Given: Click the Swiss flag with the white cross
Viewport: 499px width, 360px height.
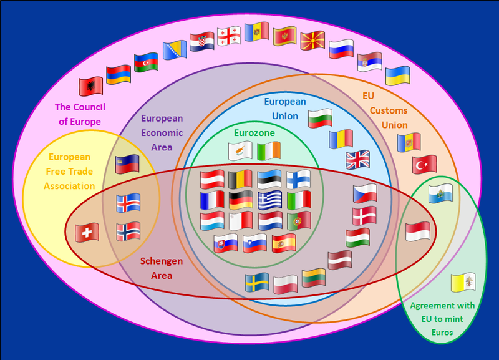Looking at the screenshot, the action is [87, 232].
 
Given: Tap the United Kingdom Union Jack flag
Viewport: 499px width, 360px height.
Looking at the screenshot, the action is [357, 160].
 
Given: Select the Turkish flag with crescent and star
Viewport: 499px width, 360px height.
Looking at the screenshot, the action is [425, 165].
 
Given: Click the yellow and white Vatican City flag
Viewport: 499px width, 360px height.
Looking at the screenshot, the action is [463, 283].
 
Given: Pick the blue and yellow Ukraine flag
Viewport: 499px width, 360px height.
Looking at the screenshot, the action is [398, 75].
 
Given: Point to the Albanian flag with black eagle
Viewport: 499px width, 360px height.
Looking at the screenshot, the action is [90, 86].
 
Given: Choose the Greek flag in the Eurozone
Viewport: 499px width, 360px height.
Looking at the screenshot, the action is [270, 200].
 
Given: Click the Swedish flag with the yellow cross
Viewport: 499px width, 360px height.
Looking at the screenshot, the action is [257, 283].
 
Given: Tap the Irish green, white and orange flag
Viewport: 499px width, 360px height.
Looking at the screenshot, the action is [269, 151].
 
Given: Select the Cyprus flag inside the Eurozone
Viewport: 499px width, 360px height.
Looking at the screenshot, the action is [240, 151].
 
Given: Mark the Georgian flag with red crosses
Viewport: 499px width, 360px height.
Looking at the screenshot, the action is [229, 36].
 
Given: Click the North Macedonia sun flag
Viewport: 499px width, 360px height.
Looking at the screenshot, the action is [312, 41].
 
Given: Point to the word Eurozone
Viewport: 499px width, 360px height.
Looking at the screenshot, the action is [254, 133].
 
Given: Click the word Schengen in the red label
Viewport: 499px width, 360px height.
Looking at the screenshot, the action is [162, 261].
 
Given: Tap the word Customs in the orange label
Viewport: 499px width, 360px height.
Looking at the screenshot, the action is [388, 110].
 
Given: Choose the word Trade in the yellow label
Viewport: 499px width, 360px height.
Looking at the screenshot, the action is [80, 171].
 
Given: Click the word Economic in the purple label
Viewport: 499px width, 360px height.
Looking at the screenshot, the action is [162, 133].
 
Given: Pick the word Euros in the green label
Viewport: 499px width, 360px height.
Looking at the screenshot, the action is [442, 333].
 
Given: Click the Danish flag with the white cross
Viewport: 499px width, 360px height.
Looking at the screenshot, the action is [365, 216].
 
